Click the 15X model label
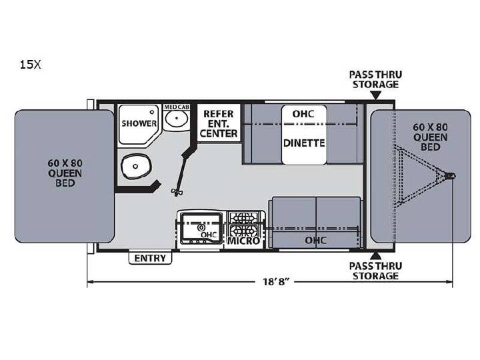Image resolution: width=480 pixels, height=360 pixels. pyautogui.click(x=30, y=65)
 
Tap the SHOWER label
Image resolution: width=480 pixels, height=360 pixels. pyautogui.click(x=139, y=123)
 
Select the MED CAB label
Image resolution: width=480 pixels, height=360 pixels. pyautogui.click(x=177, y=107)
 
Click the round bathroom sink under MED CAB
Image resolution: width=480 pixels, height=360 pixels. pyautogui.click(x=176, y=119)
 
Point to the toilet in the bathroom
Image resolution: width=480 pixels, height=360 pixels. pyautogui.click(x=136, y=166)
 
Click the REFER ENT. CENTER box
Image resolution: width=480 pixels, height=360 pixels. pyautogui.click(x=219, y=123)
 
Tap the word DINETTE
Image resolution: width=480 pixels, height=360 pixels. pyautogui.click(x=304, y=143)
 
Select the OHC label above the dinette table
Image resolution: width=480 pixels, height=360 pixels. pyautogui.click(x=303, y=114)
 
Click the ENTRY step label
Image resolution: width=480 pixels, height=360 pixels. pyautogui.click(x=150, y=258)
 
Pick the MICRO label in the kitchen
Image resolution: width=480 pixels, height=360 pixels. pyautogui.click(x=244, y=241)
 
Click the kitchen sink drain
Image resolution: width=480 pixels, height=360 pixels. pyautogui.click(x=201, y=227)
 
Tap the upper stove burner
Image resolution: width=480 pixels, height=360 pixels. pyautogui.click(x=244, y=218)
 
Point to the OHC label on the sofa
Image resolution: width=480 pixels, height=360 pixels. pyautogui.click(x=315, y=240)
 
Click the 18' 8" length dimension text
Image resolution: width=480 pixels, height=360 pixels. pyautogui.click(x=275, y=281)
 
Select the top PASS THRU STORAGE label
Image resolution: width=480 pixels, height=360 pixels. pyautogui.click(x=375, y=79)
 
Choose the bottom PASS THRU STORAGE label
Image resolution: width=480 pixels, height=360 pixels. pyautogui.click(x=375, y=271)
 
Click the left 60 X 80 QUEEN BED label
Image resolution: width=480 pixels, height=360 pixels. pyautogui.click(x=65, y=173)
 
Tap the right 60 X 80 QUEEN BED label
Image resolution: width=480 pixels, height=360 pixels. pyautogui.click(x=430, y=137)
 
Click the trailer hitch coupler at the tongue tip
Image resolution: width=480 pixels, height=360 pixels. pyautogui.click(x=450, y=176)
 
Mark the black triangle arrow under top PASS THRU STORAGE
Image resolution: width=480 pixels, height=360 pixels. pyautogui.click(x=376, y=95)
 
